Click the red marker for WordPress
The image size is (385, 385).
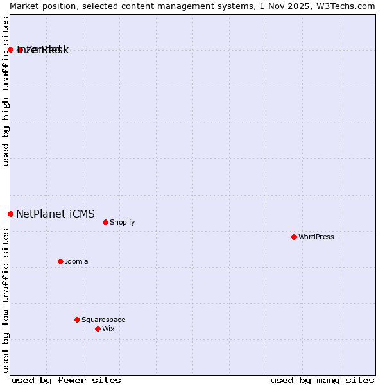tap(294, 237)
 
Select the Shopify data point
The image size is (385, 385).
tap(105, 222)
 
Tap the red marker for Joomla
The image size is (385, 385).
tap(60, 261)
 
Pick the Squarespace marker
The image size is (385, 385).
tap(77, 320)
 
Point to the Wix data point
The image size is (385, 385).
tap(98, 329)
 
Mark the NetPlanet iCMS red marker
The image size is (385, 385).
tap(10, 214)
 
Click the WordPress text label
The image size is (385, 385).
tap(316, 237)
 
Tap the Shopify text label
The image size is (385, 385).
tap(122, 222)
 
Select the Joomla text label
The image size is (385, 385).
tap(76, 261)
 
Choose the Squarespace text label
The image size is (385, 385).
tap(103, 320)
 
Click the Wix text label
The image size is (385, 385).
tap(108, 329)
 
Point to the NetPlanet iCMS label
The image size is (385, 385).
tap(55, 214)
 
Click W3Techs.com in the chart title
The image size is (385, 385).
tap(344, 6)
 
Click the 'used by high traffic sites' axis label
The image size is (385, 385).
tap(6, 91)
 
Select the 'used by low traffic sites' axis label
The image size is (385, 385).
tap(6, 300)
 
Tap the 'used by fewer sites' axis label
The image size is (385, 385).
tap(66, 380)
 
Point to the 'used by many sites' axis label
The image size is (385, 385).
tap(322, 380)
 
